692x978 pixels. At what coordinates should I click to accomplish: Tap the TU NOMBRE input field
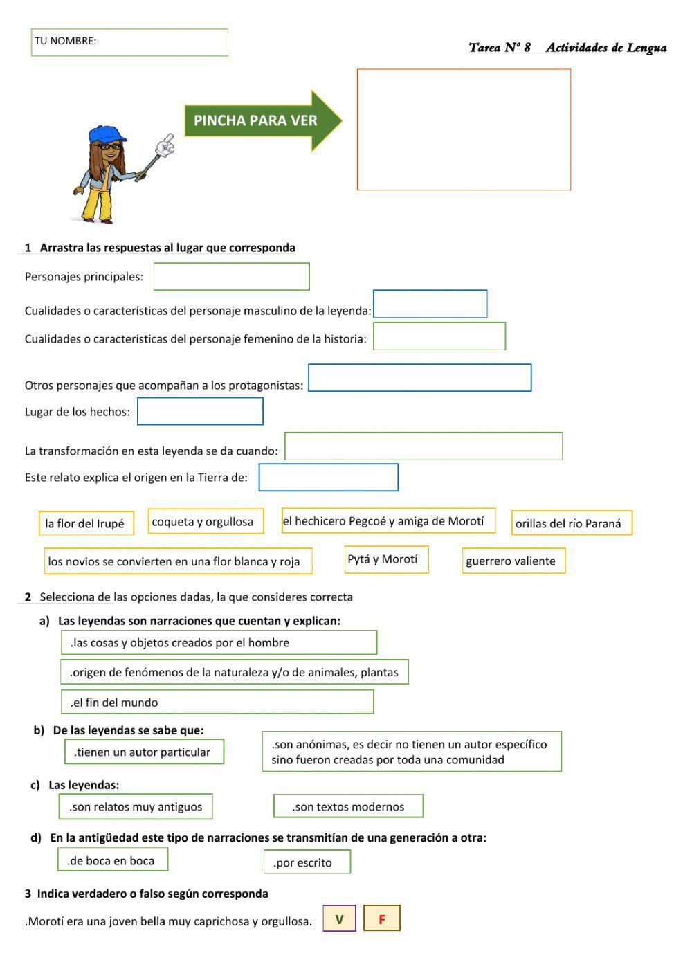[x=129, y=42]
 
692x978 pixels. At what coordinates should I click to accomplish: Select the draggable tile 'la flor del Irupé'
[x=85, y=523]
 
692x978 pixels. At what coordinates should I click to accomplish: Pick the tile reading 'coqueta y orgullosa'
[x=206, y=522]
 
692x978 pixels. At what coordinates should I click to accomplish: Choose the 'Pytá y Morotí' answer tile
[x=386, y=559]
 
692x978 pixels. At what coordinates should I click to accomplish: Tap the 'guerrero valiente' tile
[x=513, y=561]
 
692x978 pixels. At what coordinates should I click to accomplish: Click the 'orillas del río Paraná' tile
[x=572, y=523]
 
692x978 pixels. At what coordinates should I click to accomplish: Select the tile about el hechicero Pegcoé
[x=388, y=521]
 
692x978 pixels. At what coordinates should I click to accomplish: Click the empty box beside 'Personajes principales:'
[x=231, y=277]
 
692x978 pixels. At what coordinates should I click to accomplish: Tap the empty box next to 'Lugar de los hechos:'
[x=200, y=411]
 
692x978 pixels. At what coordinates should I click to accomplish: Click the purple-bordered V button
[x=339, y=919]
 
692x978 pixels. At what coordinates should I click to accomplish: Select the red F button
[x=382, y=919]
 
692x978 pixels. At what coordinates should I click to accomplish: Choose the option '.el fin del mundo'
[x=217, y=702]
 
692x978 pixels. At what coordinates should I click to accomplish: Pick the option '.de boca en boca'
[x=113, y=860]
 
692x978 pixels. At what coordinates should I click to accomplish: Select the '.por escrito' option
[x=307, y=862]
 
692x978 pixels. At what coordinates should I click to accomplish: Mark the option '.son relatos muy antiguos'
[x=136, y=806]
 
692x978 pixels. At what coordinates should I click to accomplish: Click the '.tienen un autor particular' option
[x=144, y=752]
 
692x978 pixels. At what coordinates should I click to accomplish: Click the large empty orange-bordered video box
[x=464, y=129]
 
